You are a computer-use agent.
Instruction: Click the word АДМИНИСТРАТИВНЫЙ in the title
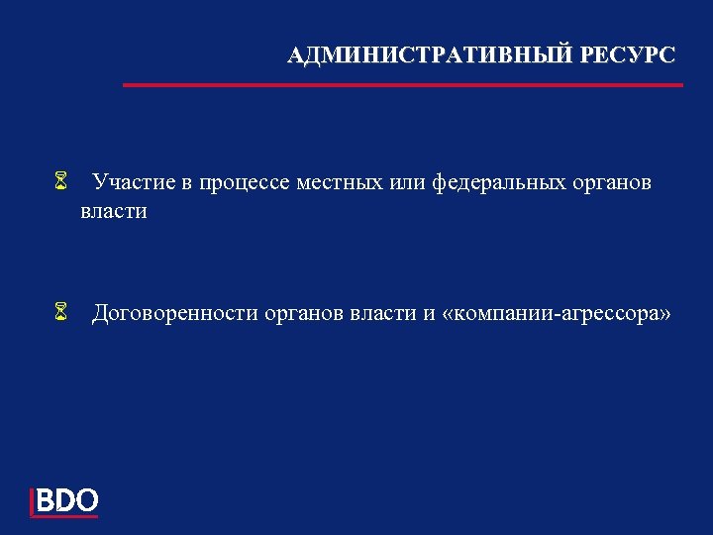coord(430,55)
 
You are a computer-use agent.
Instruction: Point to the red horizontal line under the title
coord(403,85)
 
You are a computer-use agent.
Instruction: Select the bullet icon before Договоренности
coord(60,315)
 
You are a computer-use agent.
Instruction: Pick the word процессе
coord(241,183)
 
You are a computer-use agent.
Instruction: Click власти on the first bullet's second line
coord(114,211)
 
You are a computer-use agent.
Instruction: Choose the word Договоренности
coord(175,315)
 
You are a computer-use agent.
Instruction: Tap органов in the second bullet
coord(302,316)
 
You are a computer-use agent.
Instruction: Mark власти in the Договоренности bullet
coord(383,314)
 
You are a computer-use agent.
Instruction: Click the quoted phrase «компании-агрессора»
coord(560,315)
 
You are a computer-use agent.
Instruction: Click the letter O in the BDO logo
coord(86,501)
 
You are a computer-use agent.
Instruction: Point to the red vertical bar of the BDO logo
coord(33,502)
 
